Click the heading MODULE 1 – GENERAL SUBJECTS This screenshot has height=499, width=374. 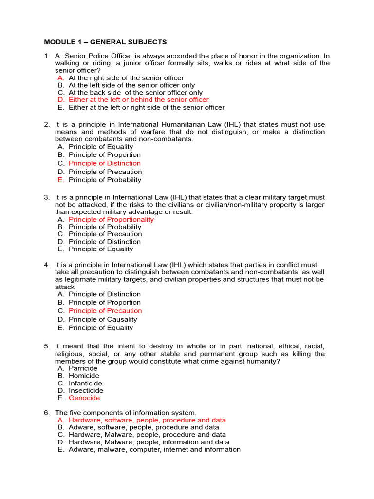106,42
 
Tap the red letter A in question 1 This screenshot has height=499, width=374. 60,77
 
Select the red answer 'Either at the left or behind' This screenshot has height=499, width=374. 138,100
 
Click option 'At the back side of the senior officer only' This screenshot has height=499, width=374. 135,93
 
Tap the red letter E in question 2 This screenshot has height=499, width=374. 60,180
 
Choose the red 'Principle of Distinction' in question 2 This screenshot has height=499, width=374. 104,163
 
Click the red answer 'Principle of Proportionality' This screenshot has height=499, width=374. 111,219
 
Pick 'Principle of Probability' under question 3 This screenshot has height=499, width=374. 105,227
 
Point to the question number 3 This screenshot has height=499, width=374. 46,197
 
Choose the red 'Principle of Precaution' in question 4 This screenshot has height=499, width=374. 105,311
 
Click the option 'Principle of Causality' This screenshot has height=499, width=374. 103,319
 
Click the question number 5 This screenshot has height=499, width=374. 46,346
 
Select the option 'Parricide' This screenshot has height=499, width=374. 83,368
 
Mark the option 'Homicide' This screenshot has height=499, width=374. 84,376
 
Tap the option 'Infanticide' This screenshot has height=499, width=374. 85,383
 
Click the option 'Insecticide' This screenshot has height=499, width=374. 86,390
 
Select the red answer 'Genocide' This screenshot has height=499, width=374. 84,398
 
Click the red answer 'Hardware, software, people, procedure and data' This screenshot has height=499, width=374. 147,420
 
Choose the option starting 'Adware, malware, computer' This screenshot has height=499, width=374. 154,449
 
